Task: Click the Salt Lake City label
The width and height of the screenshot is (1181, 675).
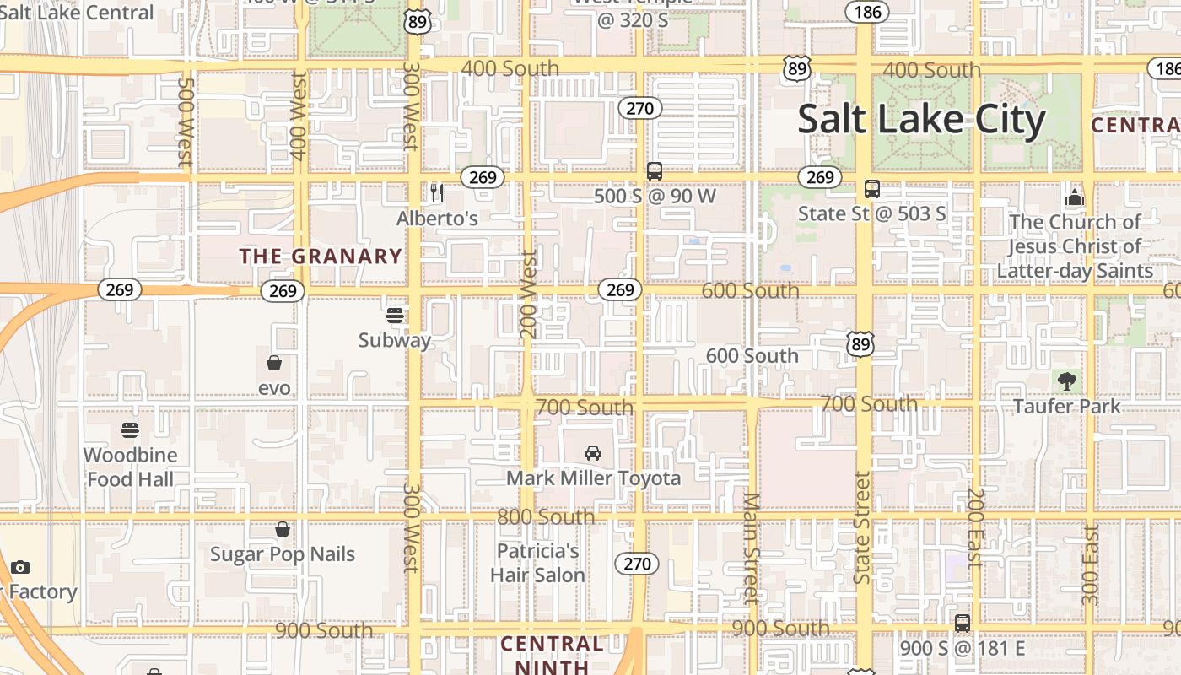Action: tap(921, 120)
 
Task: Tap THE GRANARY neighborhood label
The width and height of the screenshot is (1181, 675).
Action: tap(321, 256)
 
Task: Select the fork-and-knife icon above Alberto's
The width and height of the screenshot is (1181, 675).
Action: tap(436, 193)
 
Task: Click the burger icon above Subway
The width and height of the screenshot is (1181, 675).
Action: tap(395, 316)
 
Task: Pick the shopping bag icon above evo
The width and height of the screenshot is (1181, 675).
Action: tap(274, 364)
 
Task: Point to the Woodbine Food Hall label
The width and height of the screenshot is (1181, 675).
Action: tap(130, 467)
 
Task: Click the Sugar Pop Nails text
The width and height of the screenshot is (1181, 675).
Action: tap(283, 554)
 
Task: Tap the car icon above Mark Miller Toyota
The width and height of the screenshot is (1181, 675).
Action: tap(593, 453)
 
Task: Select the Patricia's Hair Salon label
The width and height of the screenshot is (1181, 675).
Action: tap(537, 563)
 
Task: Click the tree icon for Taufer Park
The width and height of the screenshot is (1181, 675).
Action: tap(1067, 381)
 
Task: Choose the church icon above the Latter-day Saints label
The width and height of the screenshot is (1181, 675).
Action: tap(1074, 198)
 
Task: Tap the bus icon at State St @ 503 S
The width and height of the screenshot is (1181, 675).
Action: tap(872, 189)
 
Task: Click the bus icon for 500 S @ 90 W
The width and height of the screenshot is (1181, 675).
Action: tap(654, 171)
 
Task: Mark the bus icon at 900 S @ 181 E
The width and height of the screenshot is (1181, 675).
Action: tap(963, 624)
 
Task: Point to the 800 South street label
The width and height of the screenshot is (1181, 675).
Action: tap(546, 516)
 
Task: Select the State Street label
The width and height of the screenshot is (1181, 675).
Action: tap(861, 527)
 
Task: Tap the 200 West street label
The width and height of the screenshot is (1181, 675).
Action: tap(529, 294)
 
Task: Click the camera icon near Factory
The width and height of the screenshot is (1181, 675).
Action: tap(20, 567)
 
